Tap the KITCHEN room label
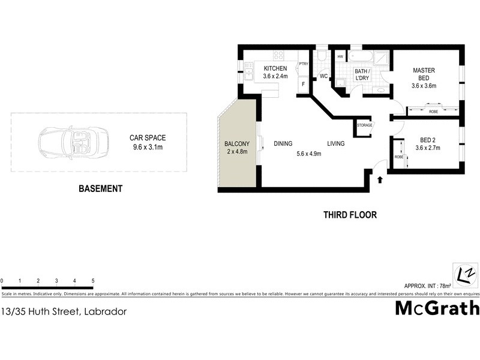click(x=275, y=68)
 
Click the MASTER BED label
click(x=423, y=74)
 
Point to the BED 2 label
click(x=430, y=141)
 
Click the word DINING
click(x=283, y=144)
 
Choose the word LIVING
click(x=335, y=144)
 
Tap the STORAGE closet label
click(x=365, y=125)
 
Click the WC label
click(x=323, y=76)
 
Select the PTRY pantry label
click(x=304, y=64)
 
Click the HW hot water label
click(x=340, y=57)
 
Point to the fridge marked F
click(x=304, y=84)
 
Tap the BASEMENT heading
click(x=101, y=188)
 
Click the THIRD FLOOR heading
click(x=350, y=215)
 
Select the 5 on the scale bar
click(x=93, y=281)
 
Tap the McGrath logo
click(x=437, y=308)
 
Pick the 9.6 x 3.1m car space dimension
click(x=148, y=147)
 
